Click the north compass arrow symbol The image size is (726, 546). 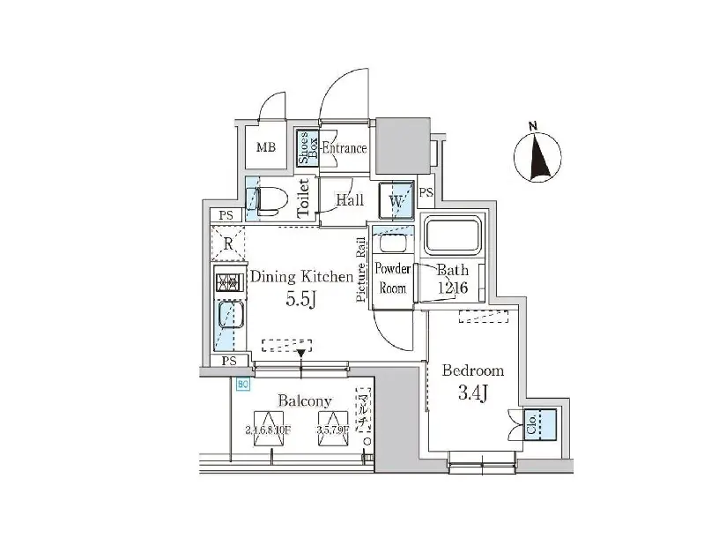pyautogui.click(x=538, y=156)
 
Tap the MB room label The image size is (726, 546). pyautogui.click(x=266, y=147)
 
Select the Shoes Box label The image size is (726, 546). pyautogui.click(x=306, y=148)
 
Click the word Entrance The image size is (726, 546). pyautogui.click(x=344, y=148)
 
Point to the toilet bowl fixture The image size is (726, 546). pyautogui.click(x=270, y=201)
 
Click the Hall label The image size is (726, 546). pyautogui.click(x=350, y=200)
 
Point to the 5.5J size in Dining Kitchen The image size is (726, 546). pyautogui.click(x=300, y=299)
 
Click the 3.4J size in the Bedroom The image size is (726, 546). pyautogui.click(x=472, y=393)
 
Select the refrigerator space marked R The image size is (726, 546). pyautogui.click(x=228, y=244)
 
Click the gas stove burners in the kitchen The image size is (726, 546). pyautogui.click(x=227, y=283)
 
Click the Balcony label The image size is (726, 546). pyautogui.click(x=305, y=401)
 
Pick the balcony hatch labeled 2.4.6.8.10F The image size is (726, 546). pyautogui.click(x=268, y=429)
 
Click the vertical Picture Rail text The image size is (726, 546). pyautogui.click(x=361, y=271)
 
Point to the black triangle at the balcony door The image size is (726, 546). pyautogui.click(x=302, y=354)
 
